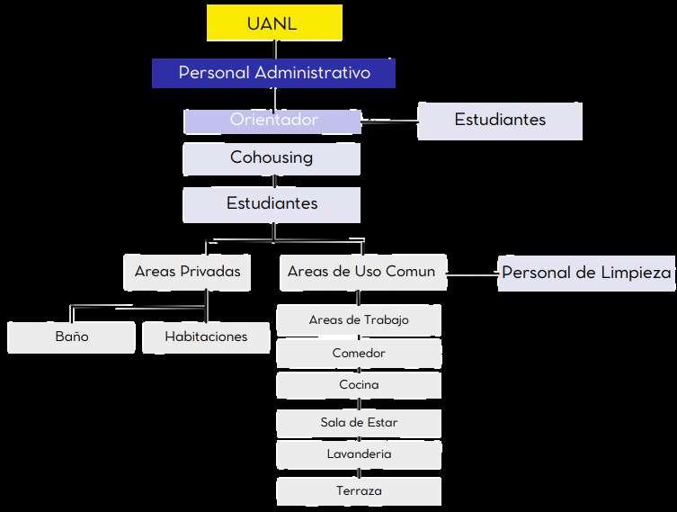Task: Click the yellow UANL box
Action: (274, 23)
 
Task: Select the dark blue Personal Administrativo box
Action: (273, 73)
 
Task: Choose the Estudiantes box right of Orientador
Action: (500, 121)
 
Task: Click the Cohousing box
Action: (272, 158)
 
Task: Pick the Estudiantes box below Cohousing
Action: (272, 204)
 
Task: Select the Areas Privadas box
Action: (187, 272)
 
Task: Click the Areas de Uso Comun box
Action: (361, 272)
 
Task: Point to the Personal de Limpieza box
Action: (586, 273)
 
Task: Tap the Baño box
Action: (71, 337)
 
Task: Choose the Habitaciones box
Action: (206, 337)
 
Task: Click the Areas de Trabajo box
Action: (359, 320)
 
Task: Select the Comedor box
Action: (359, 354)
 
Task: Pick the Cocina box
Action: (359, 385)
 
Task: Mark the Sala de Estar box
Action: (359, 422)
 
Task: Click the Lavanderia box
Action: (359, 454)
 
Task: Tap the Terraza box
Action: (359, 491)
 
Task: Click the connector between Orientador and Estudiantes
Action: (389, 119)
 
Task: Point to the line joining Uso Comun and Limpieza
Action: (472, 273)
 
